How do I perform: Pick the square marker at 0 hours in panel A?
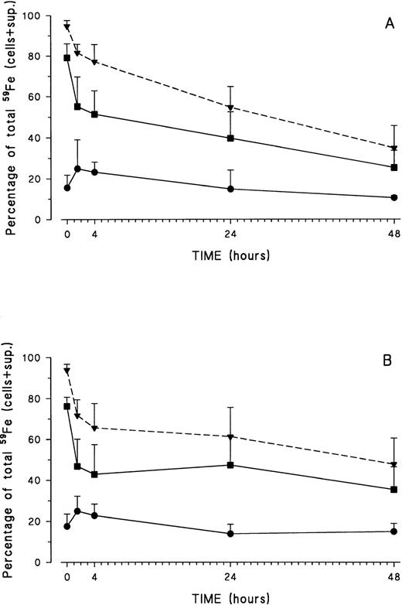coord(67,58)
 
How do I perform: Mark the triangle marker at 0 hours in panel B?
coord(67,371)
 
